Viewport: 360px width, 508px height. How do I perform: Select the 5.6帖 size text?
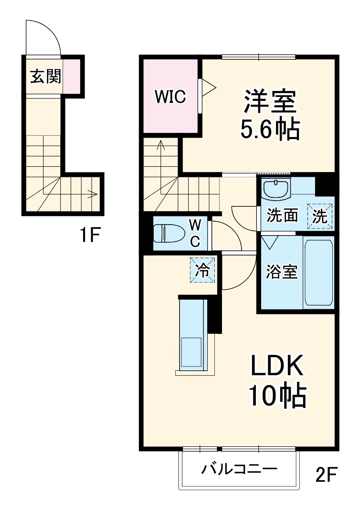coord(270,129)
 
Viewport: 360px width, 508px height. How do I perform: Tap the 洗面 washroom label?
coord(282,216)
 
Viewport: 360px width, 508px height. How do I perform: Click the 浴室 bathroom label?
coord(282,272)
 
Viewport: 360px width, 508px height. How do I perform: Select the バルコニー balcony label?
coord(238,469)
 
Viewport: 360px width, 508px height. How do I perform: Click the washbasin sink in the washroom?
coord(276,189)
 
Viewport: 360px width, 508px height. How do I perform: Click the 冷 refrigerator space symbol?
coord(203,270)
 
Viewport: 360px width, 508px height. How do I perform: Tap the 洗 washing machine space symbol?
coord(319,216)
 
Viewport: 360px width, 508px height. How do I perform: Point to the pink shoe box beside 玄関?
coord(72,76)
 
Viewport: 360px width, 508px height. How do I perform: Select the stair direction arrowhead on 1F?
coord(94,194)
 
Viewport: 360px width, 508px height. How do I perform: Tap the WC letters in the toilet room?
coord(195,233)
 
